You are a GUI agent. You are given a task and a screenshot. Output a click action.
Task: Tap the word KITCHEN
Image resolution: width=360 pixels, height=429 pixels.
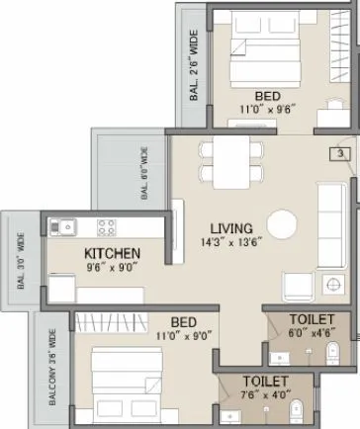(x=112, y=254)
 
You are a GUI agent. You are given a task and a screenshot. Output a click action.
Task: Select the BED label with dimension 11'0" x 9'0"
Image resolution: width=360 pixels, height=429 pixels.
(x=181, y=322)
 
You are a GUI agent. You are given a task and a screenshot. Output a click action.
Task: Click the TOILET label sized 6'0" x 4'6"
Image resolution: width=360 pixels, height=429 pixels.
(x=312, y=319)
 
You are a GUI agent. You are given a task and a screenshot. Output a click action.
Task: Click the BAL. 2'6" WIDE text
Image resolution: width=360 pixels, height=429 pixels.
(x=194, y=64)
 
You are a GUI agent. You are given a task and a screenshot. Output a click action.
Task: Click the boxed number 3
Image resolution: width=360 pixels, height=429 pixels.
(x=339, y=154)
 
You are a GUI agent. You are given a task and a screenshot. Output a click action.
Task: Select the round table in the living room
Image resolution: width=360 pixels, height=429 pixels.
(x=282, y=223)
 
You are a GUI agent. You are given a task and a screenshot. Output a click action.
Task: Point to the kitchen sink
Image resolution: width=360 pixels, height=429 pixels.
(x=65, y=226)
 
